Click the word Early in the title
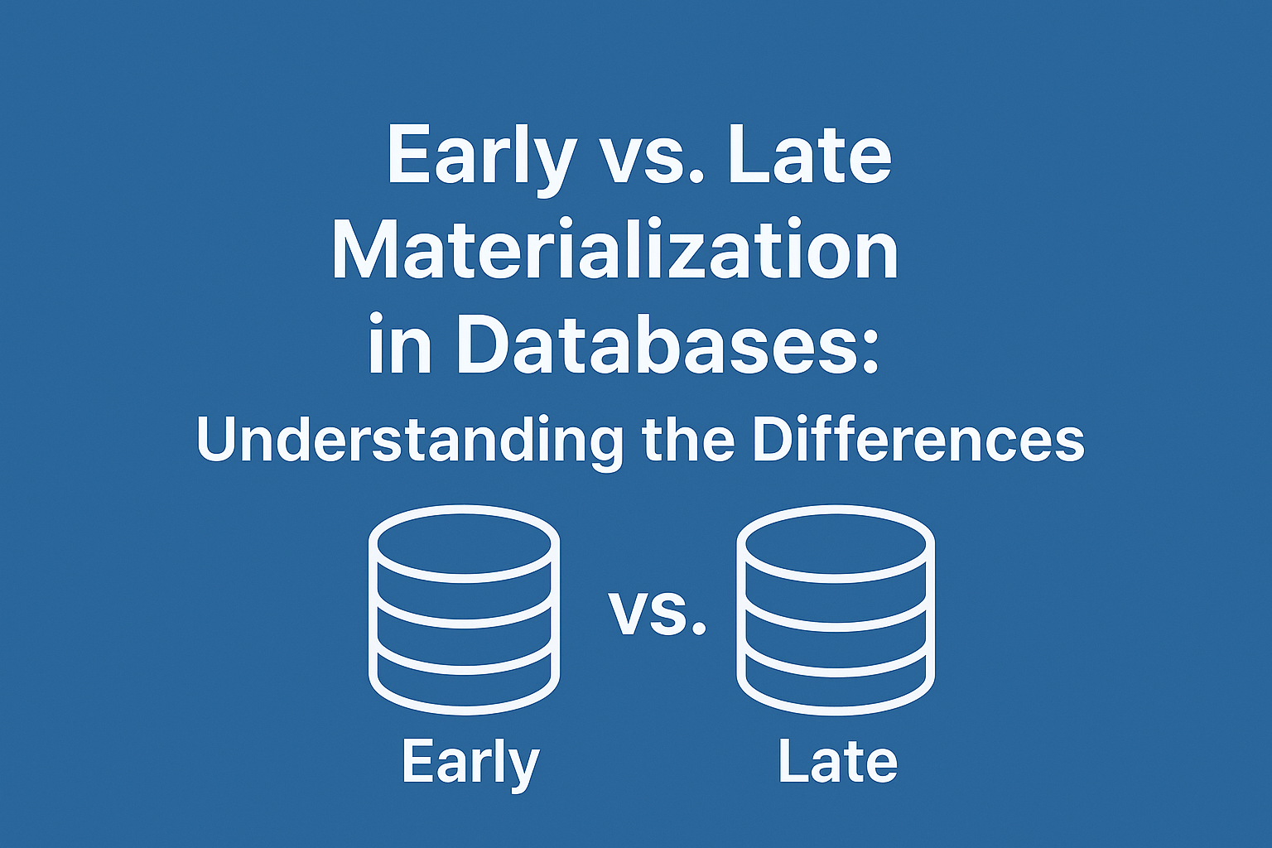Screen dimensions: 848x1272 pos(481,156)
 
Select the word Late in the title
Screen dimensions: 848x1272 pos(809,155)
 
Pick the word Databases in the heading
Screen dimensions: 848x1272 pos(653,343)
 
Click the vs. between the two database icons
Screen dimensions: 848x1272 pos(658,613)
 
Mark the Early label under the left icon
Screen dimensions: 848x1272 pos(470,763)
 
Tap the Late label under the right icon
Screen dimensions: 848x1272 pos(838,762)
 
